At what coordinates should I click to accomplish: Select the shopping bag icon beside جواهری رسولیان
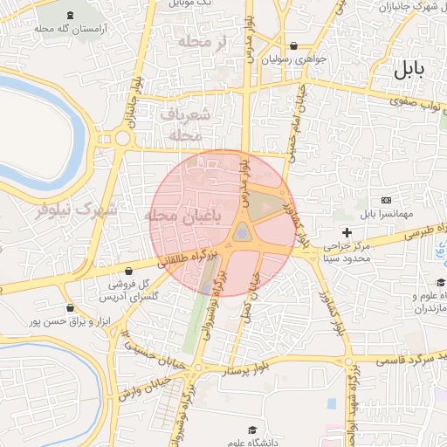point(292,46)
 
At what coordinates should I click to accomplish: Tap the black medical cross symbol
point(347,232)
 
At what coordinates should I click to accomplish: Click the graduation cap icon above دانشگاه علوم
point(252,430)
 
